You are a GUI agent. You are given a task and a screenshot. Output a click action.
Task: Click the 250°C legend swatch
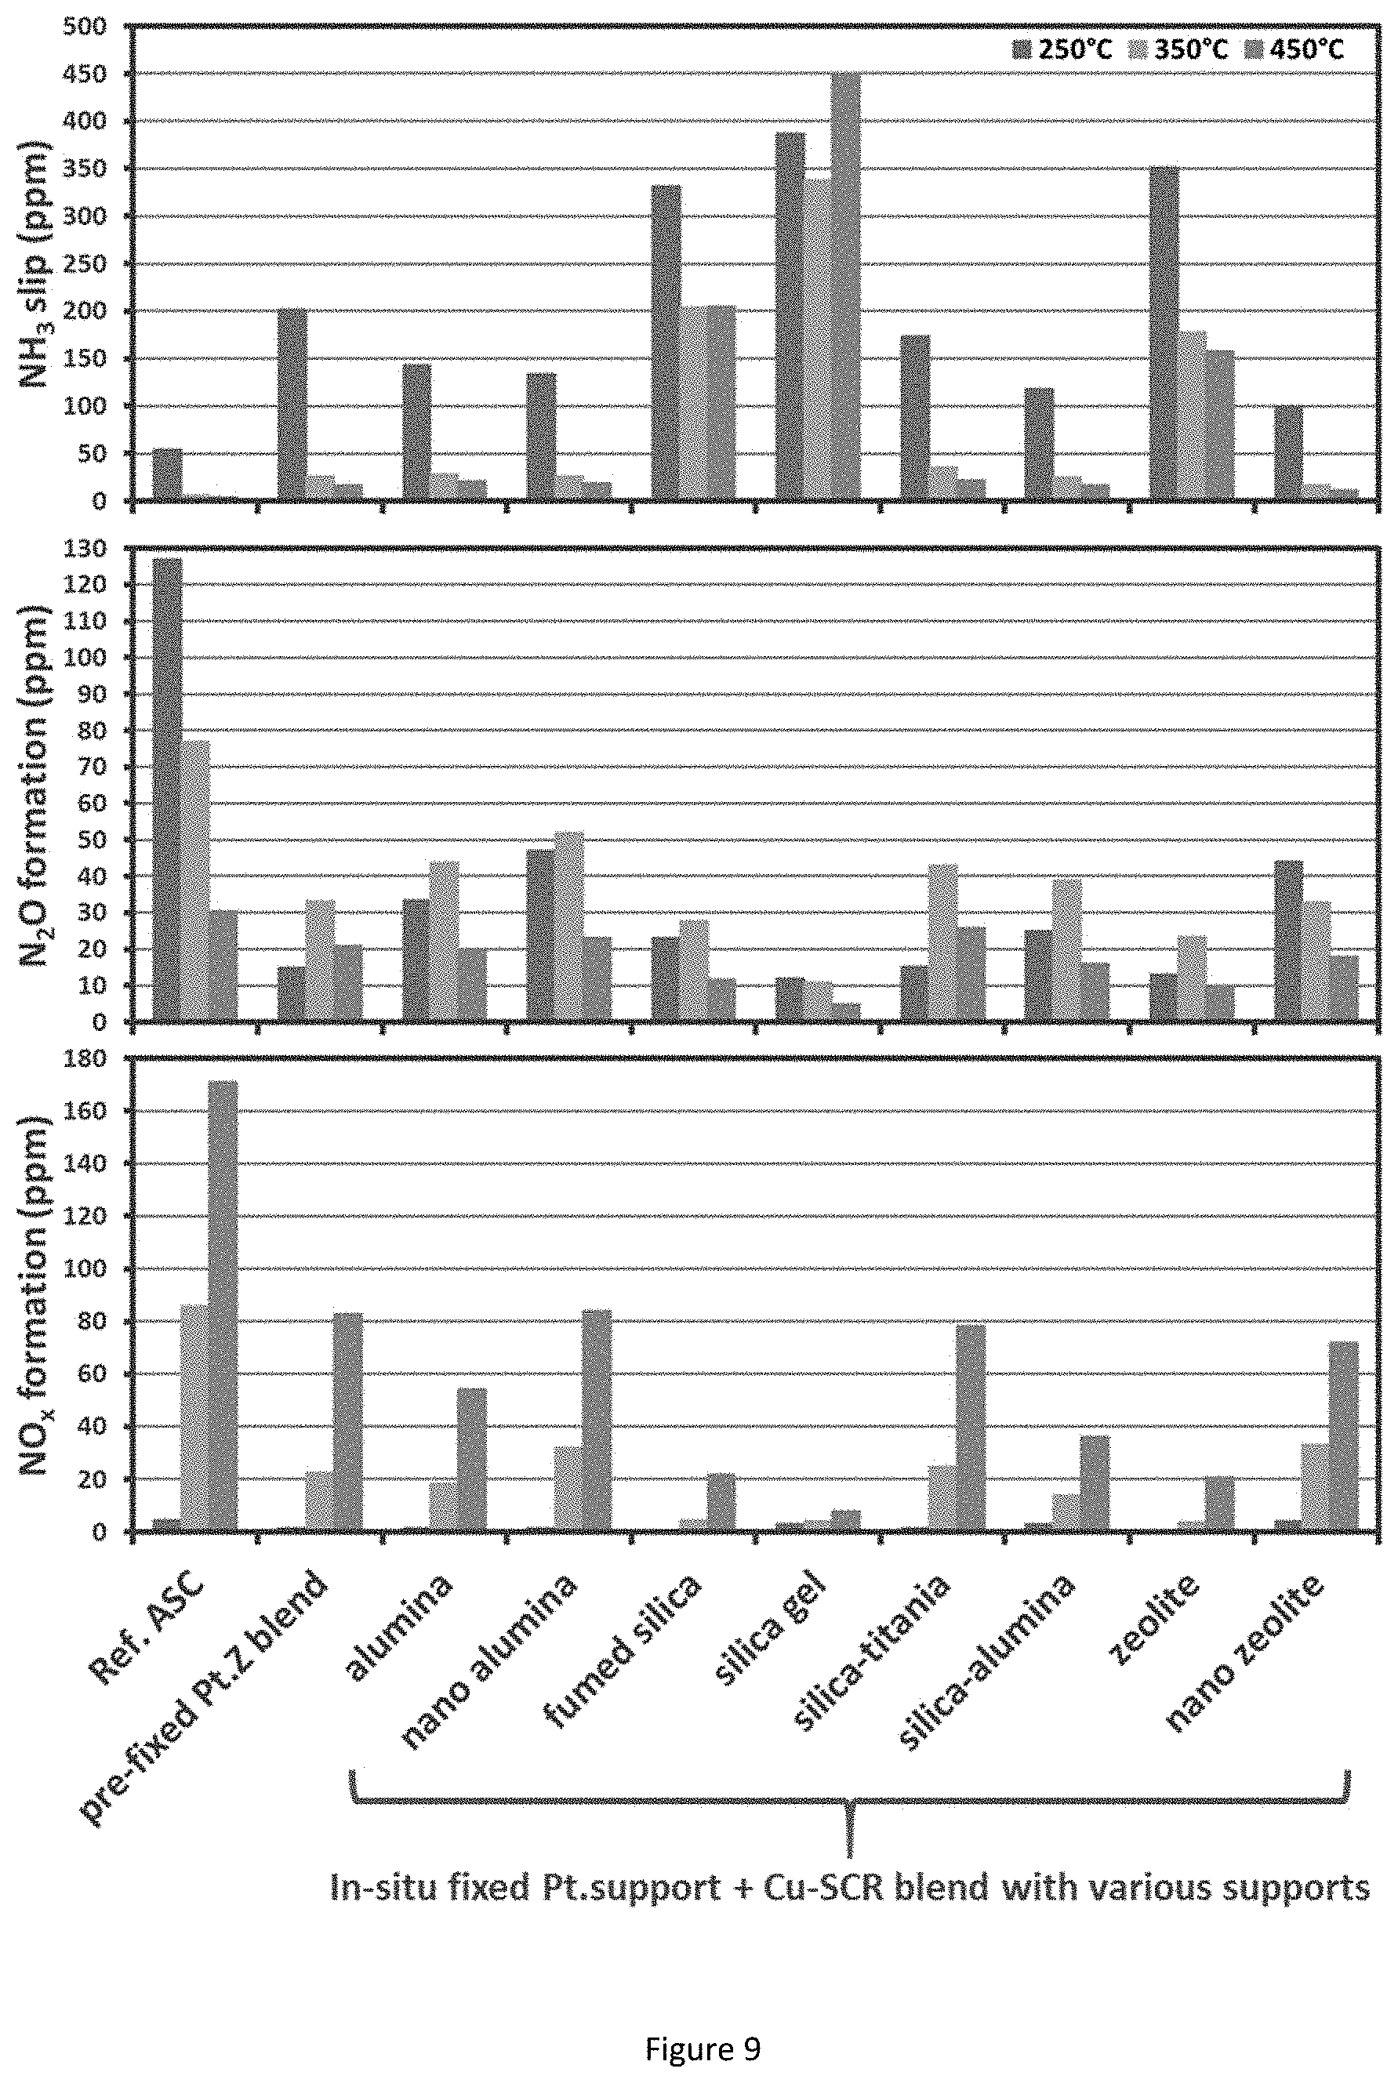pyautogui.click(x=1022, y=50)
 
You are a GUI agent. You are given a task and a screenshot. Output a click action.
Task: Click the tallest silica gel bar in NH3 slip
pyautogui.click(x=845, y=286)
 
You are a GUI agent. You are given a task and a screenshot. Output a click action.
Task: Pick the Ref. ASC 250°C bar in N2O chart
pyautogui.click(x=168, y=789)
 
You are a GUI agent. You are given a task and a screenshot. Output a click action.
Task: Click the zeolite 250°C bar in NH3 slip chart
pyautogui.click(x=1164, y=333)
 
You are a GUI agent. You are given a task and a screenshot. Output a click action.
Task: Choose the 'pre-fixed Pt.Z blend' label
pyautogui.click(x=205, y=1698)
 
